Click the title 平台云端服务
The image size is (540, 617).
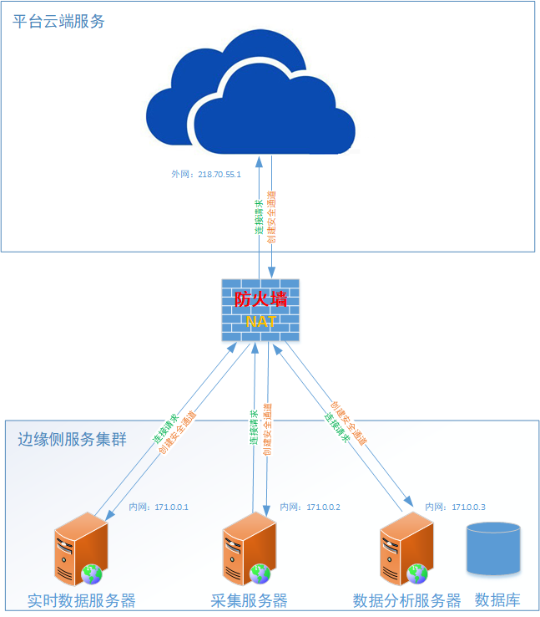[59, 22]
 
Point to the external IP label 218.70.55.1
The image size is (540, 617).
[205, 175]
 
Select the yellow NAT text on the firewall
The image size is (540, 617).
[260, 322]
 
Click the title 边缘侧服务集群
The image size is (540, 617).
[73, 439]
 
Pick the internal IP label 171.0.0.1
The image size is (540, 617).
[159, 507]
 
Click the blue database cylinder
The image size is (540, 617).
[493, 548]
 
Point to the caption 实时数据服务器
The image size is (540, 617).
[81, 601]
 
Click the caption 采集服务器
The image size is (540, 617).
[249, 601]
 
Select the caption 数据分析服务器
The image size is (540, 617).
[407, 601]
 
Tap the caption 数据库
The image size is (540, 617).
[497, 601]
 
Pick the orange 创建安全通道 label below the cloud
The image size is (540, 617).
[271, 217]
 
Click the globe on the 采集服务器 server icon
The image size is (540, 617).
[260, 574]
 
